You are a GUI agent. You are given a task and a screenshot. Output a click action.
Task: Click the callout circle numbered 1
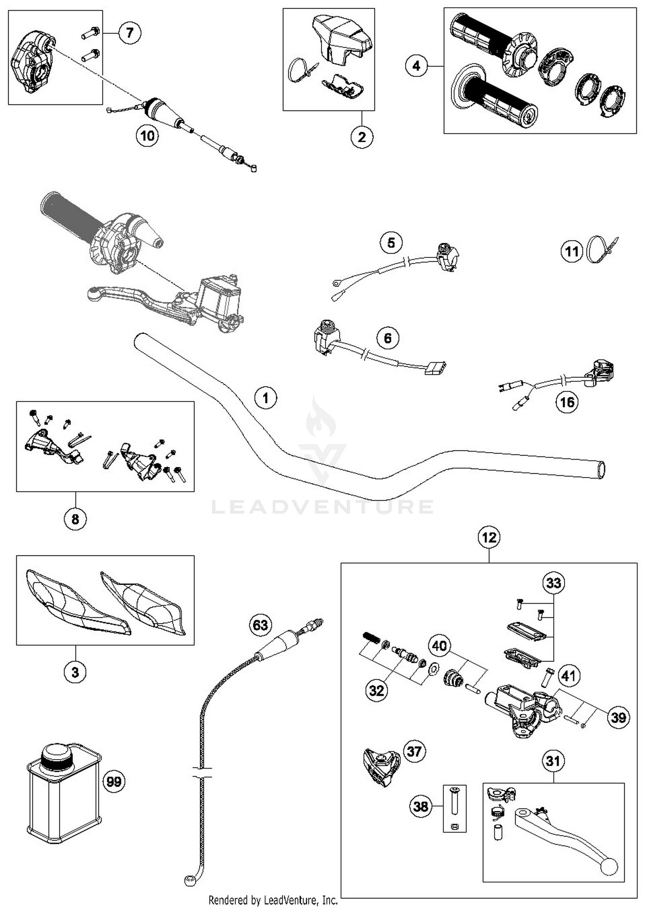tap(265, 398)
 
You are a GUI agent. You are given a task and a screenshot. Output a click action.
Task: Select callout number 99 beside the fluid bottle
tap(114, 781)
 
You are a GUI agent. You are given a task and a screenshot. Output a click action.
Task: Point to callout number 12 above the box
tap(489, 537)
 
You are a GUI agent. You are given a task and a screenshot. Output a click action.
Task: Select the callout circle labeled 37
tap(414, 751)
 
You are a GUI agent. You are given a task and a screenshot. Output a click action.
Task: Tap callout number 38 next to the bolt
tap(421, 806)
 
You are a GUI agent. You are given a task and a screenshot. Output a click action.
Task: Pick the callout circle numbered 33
tap(553, 583)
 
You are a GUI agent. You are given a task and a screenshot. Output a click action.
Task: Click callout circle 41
tap(568, 676)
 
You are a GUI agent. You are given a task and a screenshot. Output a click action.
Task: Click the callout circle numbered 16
tap(567, 402)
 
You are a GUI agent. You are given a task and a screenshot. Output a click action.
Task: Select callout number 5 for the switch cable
tap(391, 243)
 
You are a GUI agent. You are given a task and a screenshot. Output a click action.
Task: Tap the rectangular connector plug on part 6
tap(435, 368)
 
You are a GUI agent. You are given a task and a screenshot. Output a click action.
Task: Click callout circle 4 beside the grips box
tap(416, 66)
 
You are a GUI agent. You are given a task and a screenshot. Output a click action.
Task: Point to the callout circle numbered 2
tap(362, 137)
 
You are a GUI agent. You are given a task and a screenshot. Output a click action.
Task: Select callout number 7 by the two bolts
tap(129, 32)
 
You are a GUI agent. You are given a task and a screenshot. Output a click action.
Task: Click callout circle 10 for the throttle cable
tap(147, 136)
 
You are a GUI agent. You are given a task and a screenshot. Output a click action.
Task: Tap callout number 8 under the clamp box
tap(75, 519)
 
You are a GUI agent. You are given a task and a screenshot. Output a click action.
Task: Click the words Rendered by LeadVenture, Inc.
tap(273, 900)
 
